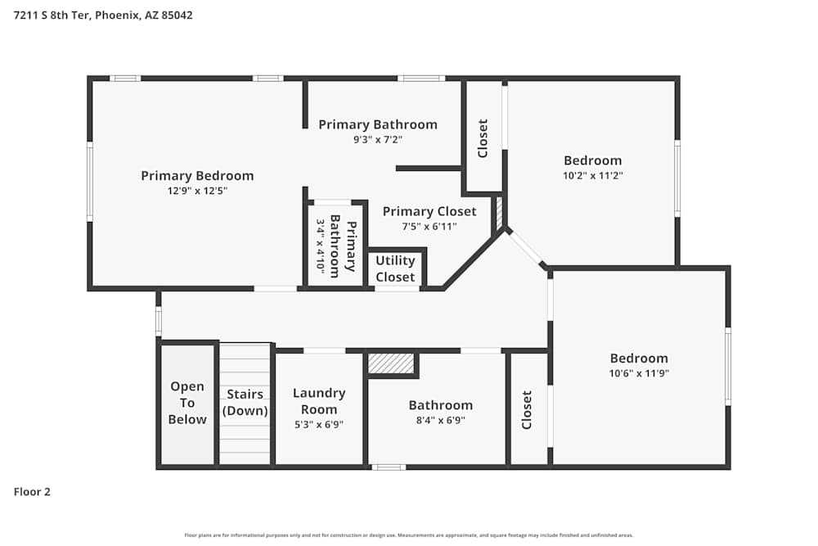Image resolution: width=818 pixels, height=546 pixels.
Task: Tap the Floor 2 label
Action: [32, 492]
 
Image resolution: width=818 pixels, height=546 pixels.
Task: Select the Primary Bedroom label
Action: [197, 175]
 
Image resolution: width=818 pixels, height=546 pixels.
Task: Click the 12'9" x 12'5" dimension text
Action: [197, 191]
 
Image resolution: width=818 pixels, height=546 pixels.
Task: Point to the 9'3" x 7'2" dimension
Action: [377, 140]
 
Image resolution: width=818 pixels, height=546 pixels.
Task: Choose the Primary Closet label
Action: [429, 211]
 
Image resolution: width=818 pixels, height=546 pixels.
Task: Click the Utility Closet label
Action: [395, 268]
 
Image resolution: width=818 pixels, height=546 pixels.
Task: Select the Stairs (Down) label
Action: [245, 403]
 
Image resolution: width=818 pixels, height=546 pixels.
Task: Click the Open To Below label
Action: [187, 403]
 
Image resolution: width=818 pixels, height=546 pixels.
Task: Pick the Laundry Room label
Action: [319, 400]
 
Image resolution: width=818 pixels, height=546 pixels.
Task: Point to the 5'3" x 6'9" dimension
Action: [319, 425]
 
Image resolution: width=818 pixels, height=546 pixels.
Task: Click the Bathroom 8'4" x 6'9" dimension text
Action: [440, 421]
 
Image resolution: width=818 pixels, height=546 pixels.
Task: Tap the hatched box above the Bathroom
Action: [392, 363]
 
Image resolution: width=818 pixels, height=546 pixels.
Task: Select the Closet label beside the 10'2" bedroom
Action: [483, 138]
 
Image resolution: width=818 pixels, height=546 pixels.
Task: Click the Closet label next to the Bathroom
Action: [527, 409]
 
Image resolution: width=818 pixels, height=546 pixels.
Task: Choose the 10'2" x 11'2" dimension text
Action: [592, 175]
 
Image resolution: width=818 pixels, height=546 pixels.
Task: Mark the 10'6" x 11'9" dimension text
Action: [639, 373]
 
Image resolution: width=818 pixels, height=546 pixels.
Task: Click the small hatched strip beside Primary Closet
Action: [498, 212]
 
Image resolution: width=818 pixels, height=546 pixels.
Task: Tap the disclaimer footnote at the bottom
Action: [408, 535]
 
